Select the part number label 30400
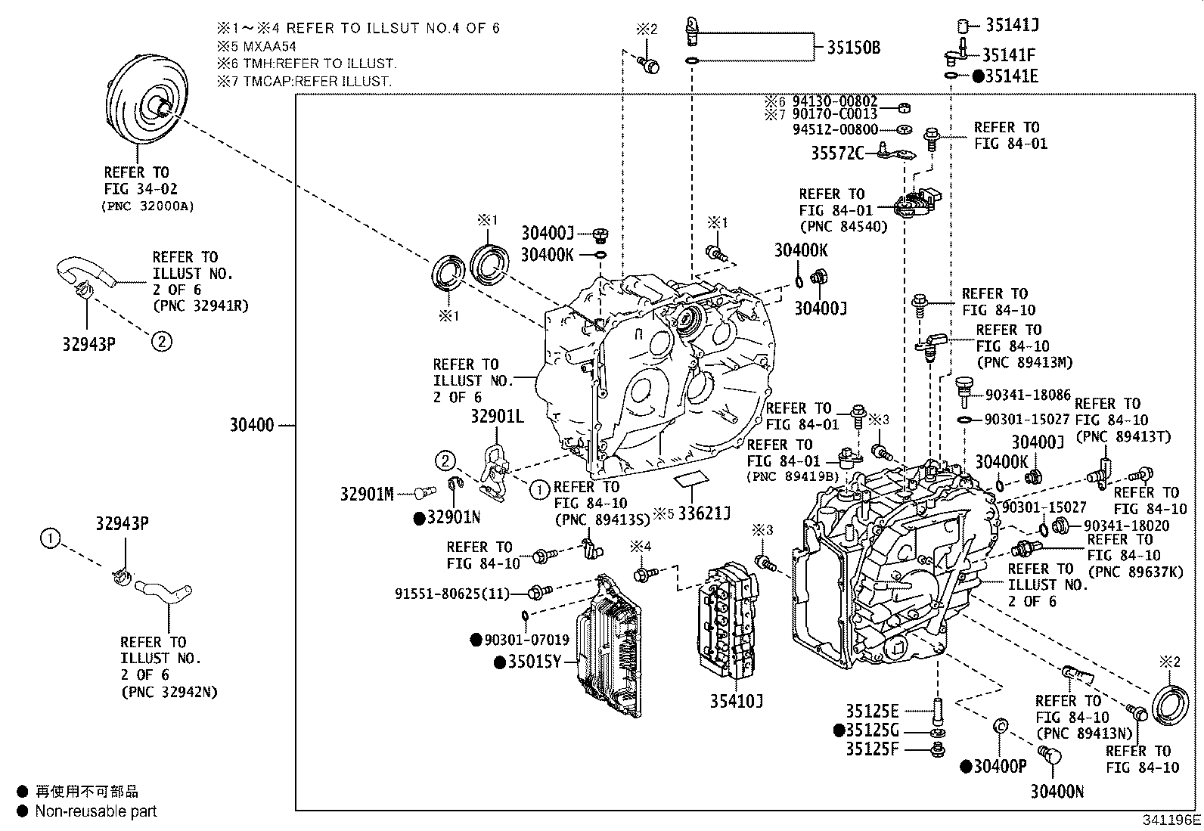pos(252,426)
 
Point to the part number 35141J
pos(1012,25)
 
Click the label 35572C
pos(837,153)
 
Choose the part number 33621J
pos(704,514)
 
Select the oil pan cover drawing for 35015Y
pos(609,647)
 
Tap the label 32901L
pos(497,416)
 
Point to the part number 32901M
pos(367,495)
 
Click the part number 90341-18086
pos(1028,395)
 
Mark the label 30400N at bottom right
pos(1057,792)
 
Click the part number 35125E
pos(872,711)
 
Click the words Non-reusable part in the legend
pos(96,811)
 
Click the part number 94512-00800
pos(835,130)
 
